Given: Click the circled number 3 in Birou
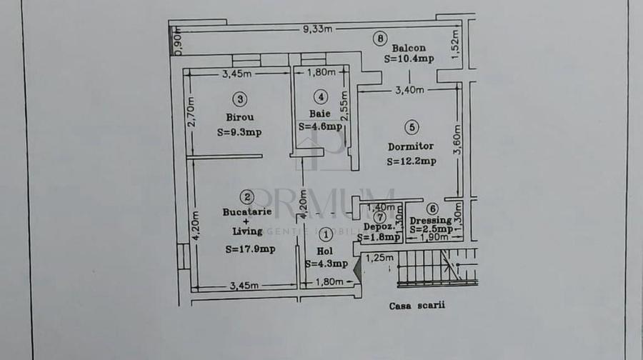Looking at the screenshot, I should [241, 99].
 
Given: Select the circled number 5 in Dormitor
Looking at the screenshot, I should [411, 128].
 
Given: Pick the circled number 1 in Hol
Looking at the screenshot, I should [326, 234].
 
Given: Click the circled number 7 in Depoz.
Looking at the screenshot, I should [380, 216].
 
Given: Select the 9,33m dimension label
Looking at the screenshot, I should [317, 29].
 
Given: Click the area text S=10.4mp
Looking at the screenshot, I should [409, 60].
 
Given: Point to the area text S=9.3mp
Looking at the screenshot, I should [239, 131].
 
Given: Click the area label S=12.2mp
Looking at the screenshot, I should [411, 161].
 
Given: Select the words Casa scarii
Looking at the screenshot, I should [417, 305].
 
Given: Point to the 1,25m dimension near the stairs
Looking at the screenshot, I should [379, 258].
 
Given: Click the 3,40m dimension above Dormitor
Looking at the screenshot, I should [409, 90].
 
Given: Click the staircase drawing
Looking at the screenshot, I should [436, 268].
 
